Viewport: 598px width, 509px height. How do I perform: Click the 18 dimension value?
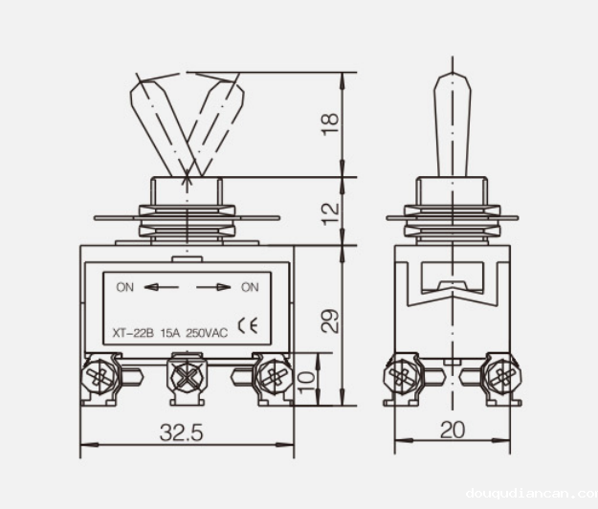click(329, 123)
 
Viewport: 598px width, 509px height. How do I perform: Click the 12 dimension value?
click(329, 211)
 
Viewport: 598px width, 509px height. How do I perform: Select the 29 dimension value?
click(329, 320)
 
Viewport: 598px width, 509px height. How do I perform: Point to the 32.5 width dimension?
click(181, 432)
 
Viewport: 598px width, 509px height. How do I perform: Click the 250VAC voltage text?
click(207, 333)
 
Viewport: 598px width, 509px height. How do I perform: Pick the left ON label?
click(124, 286)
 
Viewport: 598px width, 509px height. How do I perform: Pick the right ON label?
click(250, 286)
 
